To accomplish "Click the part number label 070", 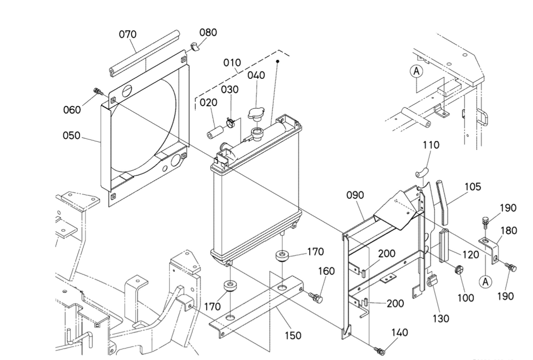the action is (128, 35).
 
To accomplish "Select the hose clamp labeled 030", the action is (230, 123).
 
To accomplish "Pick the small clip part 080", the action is (195, 47).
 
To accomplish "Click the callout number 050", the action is (72, 136).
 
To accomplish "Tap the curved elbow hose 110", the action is (422, 172).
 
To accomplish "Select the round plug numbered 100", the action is (458, 270).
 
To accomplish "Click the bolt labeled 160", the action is (316, 297).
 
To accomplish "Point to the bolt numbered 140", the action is (379, 351).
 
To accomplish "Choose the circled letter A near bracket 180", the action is (486, 282).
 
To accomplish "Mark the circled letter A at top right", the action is (416, 71).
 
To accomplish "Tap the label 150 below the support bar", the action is (293, 335).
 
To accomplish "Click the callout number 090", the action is (355, 195).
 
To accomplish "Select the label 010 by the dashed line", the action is (232, 63).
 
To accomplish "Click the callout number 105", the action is (472, 187).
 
